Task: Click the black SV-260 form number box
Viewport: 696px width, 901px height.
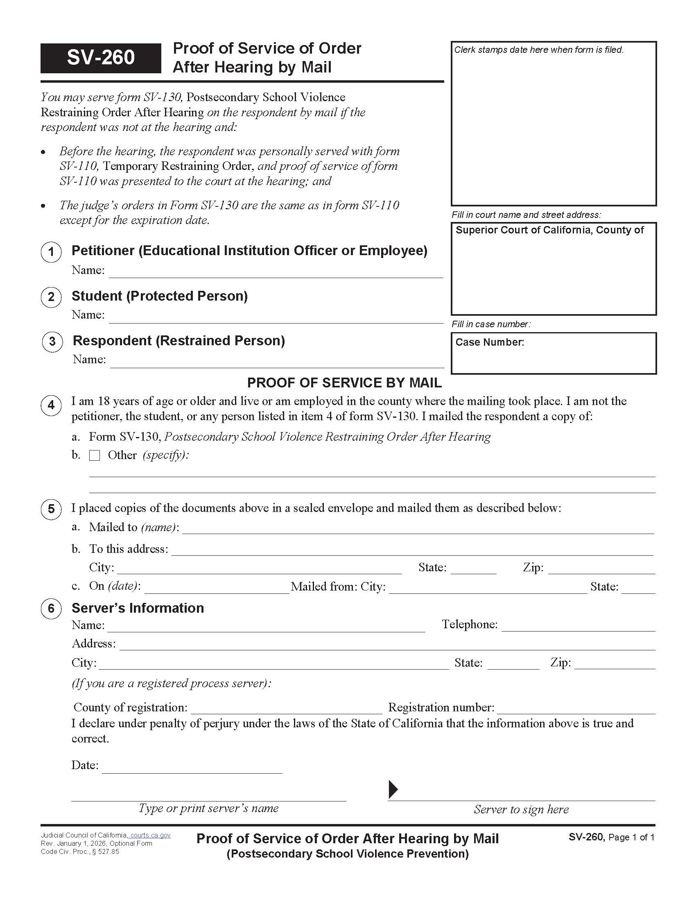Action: (x=101, y=58)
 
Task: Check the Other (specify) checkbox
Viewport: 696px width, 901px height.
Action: (x=95, y=455)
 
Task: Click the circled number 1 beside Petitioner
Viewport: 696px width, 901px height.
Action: (x=51, y=251)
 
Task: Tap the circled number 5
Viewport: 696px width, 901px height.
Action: (x=51, y=509)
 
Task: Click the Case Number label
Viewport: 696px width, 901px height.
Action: (x=489, y=342)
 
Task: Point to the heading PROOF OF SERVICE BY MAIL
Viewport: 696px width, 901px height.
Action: (x=344, y=383)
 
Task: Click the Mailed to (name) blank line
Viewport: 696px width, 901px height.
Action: (x=418, y=528)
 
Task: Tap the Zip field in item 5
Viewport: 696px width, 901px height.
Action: (x=601, y=568)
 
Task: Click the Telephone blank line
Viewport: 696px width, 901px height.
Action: (x=578, y=626)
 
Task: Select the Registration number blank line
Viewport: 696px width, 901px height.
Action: (x=576, y=709)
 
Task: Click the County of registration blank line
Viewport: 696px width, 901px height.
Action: (x=287, y=709)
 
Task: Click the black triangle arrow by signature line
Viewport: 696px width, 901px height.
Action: (x=393, y=789)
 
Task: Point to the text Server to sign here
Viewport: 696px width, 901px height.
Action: (x=521, y=809)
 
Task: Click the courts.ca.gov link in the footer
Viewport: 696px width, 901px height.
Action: (x=150, y=835)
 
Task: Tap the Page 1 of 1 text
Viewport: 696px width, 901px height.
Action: (x=631, y=838)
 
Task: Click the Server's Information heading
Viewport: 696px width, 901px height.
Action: (x=138, y=608)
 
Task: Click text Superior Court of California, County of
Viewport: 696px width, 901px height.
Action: (x=549, y=230)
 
